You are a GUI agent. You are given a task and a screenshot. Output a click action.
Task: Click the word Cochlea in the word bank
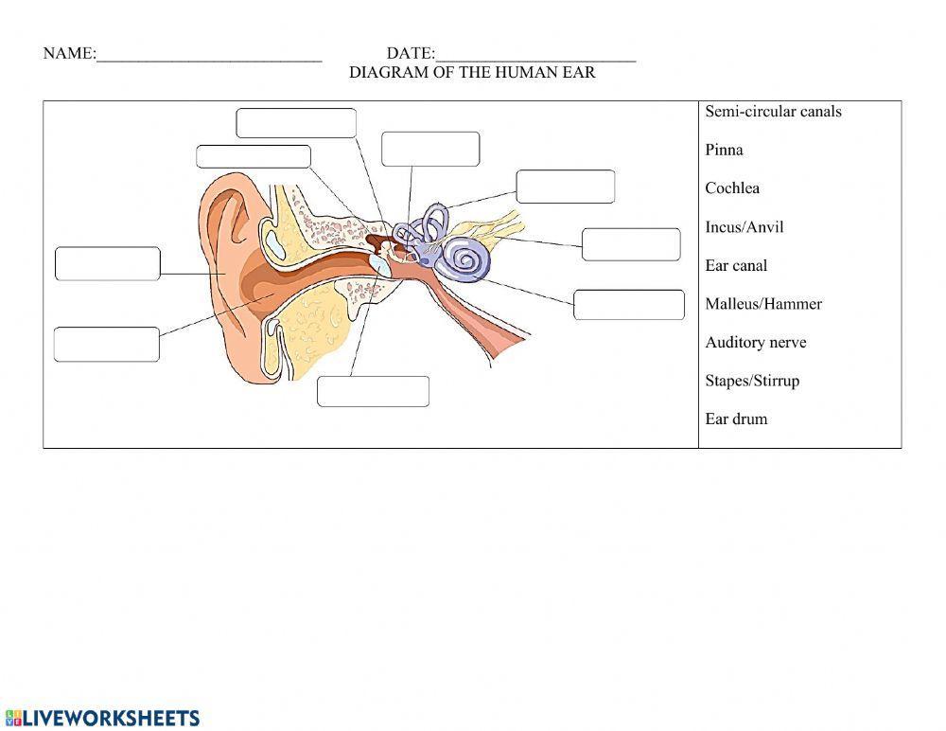point(732,188)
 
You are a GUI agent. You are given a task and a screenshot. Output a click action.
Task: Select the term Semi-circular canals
point(773,112)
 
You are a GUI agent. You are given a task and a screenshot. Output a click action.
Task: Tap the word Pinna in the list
point(724,150)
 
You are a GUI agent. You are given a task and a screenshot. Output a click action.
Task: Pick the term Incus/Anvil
point(744,227)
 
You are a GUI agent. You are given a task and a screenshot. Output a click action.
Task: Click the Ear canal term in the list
point(736,266)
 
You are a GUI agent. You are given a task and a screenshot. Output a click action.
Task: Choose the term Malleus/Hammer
point(763,304)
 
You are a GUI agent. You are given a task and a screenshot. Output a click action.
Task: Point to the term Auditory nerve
point(755,343)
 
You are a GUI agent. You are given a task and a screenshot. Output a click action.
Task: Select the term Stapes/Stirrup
point(752,381)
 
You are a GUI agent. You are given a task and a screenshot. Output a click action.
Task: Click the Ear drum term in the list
point(736,419)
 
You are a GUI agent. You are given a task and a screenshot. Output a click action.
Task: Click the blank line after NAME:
point(209,55)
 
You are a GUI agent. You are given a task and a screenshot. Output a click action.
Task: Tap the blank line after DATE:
point(535,55)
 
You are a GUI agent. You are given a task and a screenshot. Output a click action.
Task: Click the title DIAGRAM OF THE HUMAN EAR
point(472,73)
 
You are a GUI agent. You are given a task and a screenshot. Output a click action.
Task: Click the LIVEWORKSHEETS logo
point(102,718)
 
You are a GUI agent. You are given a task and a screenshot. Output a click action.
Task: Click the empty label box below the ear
point(373,391)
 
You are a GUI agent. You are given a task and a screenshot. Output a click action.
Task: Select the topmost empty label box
point(296,123)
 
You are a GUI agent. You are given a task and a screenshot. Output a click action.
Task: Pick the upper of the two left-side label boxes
point(108,264)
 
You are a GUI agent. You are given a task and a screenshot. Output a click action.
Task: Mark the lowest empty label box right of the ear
point(628,305)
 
